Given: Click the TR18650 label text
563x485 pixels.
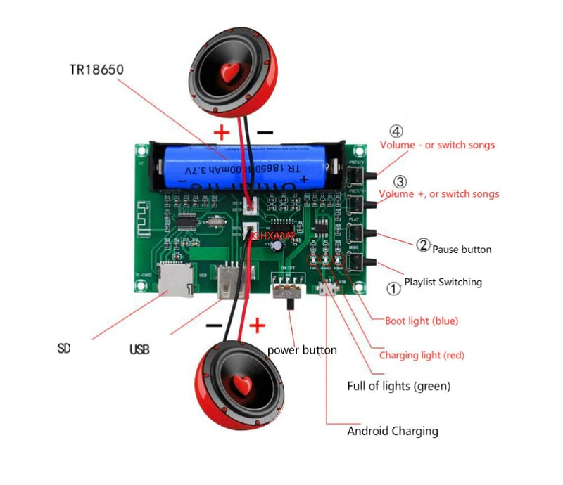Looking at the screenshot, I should [98, 70].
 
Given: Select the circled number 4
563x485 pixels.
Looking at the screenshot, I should [397, 131].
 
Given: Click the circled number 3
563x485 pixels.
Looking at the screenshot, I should [400, 181].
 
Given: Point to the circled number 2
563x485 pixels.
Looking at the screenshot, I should [423, 245].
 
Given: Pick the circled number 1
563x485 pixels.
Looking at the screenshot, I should [394, 287].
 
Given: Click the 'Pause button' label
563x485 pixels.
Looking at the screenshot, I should [462, 250].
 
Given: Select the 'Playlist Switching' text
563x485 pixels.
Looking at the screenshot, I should [443, 282].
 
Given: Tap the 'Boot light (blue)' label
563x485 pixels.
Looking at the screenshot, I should [422, 321].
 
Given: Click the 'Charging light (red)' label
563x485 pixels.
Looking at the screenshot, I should [422, 355].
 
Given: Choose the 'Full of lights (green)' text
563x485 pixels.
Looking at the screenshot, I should [399, 386].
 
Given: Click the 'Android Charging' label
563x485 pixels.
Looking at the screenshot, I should [393, 431].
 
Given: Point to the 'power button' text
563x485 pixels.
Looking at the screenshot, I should [302, 350].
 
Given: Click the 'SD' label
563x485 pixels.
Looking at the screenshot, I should [64, 348].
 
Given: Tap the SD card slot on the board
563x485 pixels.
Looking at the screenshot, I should [170, 280].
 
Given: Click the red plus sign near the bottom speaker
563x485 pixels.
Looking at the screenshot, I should [258, 325].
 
